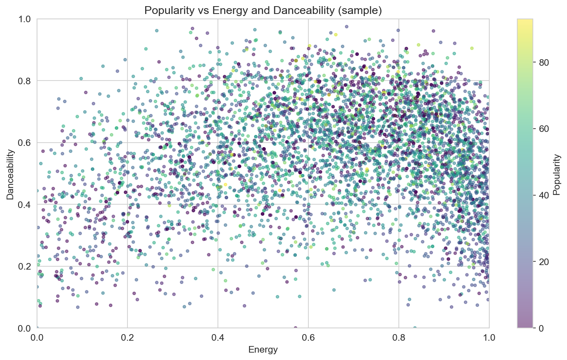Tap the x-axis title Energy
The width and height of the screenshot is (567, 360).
pos(263,350)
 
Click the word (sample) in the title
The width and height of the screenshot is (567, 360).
pos(363,11)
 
